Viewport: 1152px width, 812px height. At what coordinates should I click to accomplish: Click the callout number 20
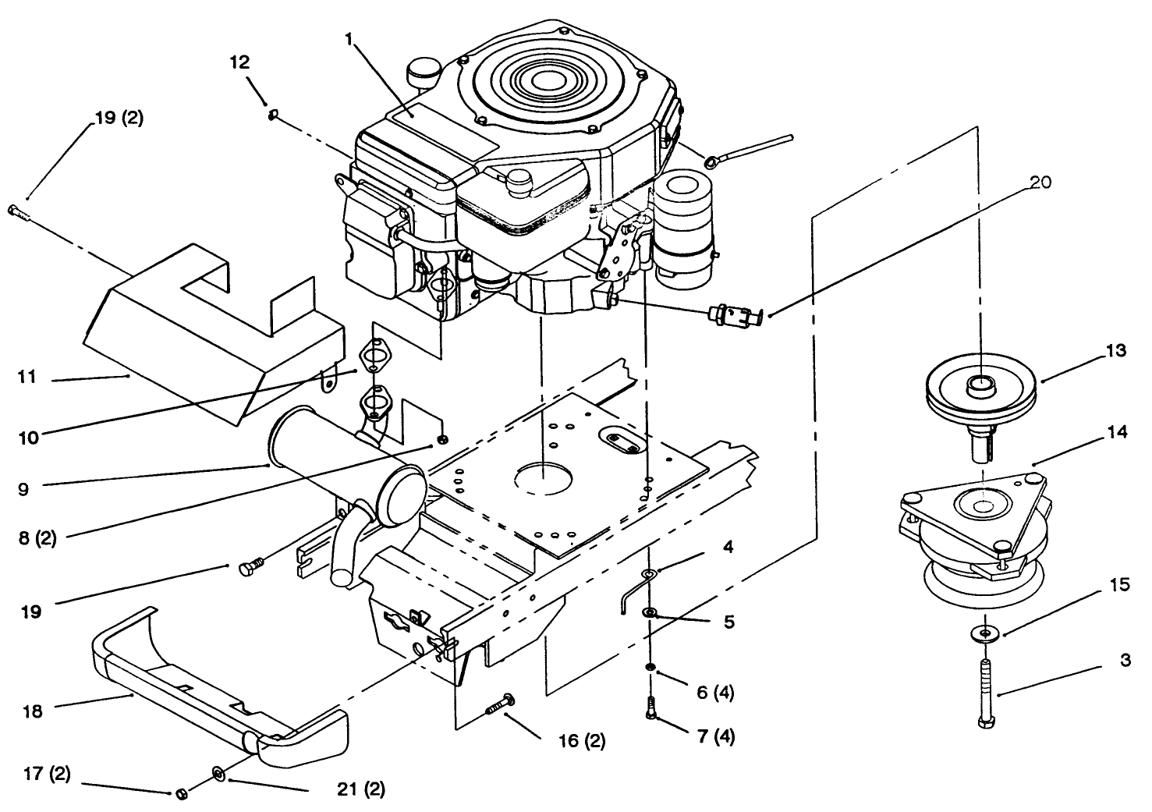click(1040, 183)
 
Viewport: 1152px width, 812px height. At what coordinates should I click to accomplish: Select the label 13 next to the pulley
click(1116, 351)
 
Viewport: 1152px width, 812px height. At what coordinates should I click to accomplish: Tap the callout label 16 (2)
click(582, 740)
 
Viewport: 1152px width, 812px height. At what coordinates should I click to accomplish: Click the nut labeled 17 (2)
click(179, 793)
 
